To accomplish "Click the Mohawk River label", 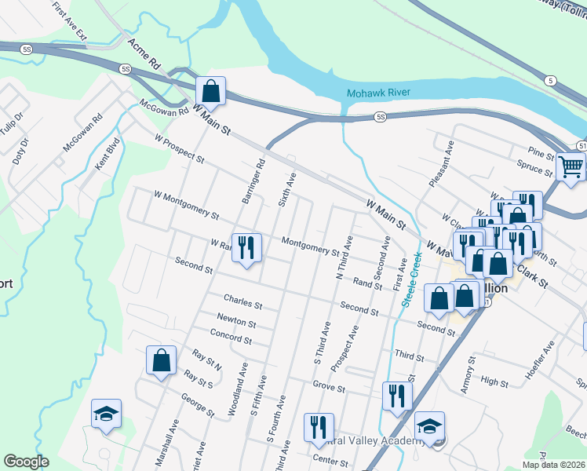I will pyautogui.click(x=378, y=93).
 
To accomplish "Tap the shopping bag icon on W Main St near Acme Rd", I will pyautogui.click(x=210, y=91).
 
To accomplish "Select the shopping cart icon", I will pyautogui.click(x=571, y=166).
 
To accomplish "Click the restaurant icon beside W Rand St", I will pyautogui.click(x=247, y=248).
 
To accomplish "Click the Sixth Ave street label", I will pyautogui.click(x=287, y=190).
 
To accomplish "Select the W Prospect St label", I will pyautogui.click(x=179, y=148).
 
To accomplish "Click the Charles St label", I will pyautogui.click(x=242, y=300).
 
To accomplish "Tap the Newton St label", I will pyautogui.click(x=236, y=322).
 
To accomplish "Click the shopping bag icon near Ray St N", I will pyautogui.click(x=161, y=361).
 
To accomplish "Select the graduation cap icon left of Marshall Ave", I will pyautogui.click(x=106, y=414).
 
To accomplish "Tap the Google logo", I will pyautogui.click(x=25, y=462).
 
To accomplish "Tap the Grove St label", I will pyautogui.click(x=329, y=387).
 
